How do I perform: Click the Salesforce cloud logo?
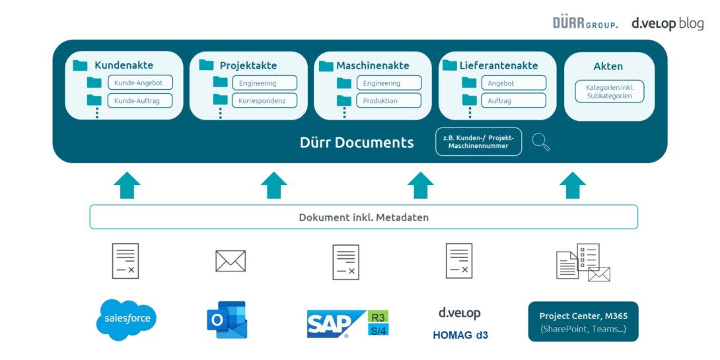pos(127,320)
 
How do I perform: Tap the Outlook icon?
pos(226,320)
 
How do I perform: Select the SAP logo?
pos(336,324)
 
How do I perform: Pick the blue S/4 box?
pos(378,329)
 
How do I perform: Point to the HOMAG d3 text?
pos(460,335)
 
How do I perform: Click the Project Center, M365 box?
pos(583,322)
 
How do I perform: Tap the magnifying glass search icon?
pos(540,141)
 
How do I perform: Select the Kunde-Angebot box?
pos(139,83)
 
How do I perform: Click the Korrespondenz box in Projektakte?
pos(264,100)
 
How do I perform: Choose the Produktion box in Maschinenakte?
pos(388,100)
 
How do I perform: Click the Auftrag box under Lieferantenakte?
pos(513,100)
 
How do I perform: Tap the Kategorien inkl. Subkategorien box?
pos(608,91)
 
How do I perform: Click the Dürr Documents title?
pos(357,143)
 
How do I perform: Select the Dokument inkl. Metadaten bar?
pos(364,217)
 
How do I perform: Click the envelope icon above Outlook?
pos(231,261)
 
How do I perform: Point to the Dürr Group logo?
pos(585,23)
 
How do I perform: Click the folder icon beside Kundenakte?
pos(81,65)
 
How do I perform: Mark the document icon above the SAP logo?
pos(345,262)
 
